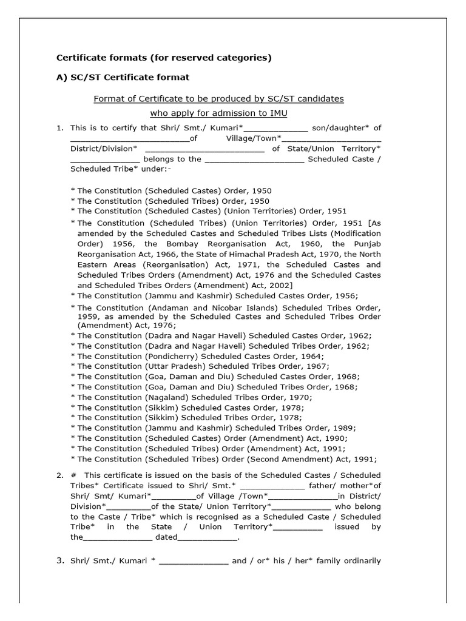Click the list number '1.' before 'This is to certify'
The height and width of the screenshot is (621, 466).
coord(59,127)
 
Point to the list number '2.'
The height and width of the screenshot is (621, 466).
coord(59,475)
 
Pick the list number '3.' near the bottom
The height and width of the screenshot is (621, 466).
coord(60,561)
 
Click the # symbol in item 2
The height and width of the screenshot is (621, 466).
coord(73,475)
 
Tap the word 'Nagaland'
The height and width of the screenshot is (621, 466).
coord(166,397)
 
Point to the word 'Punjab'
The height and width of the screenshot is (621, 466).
coord(366,244)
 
